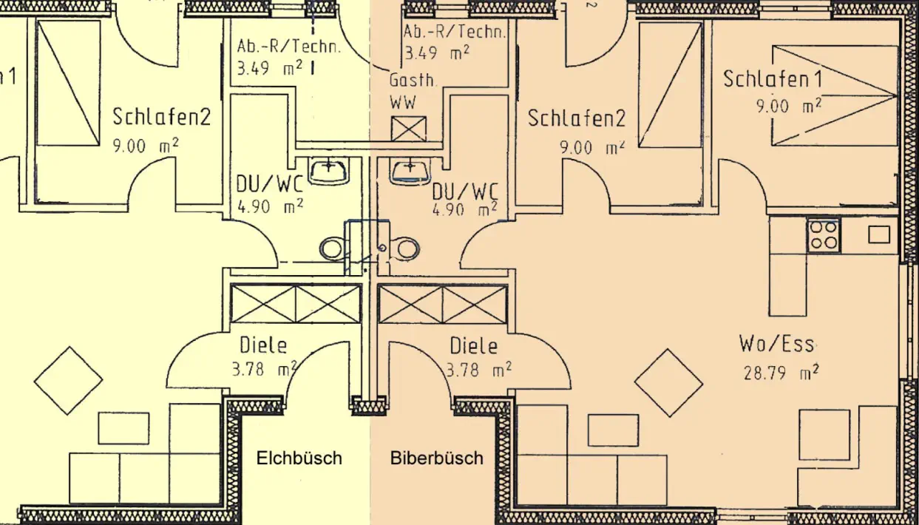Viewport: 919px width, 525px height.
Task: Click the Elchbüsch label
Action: point(299,458)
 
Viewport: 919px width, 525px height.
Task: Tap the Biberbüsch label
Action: point(436,458)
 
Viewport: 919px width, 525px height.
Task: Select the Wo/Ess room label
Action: point(776,344)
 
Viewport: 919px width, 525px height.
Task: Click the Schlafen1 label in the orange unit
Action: point(773,78)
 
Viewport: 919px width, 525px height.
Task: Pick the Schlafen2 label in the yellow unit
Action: point(162,116)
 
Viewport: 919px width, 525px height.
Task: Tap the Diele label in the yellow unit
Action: point(262,345)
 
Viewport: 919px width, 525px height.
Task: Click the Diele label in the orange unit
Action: point(474,345)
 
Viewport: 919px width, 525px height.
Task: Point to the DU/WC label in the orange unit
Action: point(465,192)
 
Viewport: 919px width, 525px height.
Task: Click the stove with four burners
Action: point(823,235)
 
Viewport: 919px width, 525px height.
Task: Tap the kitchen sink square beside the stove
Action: point(879,234)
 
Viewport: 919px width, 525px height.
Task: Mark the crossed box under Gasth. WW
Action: point(409,129)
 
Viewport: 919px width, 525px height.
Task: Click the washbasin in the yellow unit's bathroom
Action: point(329,171)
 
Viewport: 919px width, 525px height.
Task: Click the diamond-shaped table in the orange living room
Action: point(668,382)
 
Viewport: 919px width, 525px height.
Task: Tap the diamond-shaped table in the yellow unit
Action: point(68,380)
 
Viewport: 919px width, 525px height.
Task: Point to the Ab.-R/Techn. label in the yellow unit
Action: point(289,47)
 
